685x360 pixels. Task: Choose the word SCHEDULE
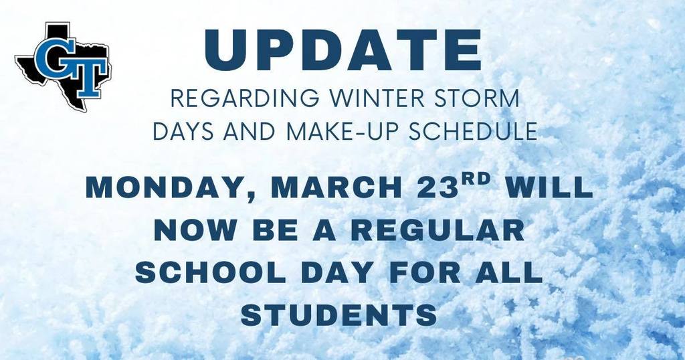click(x=468, y=130)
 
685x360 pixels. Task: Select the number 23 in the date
click(x=425, y=187)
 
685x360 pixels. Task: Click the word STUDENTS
click(x=340, y=315)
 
